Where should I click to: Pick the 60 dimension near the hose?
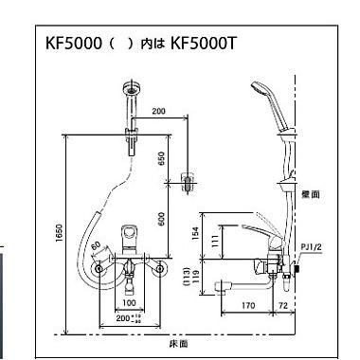click(96, 249)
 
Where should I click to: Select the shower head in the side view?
click(261, 93)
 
